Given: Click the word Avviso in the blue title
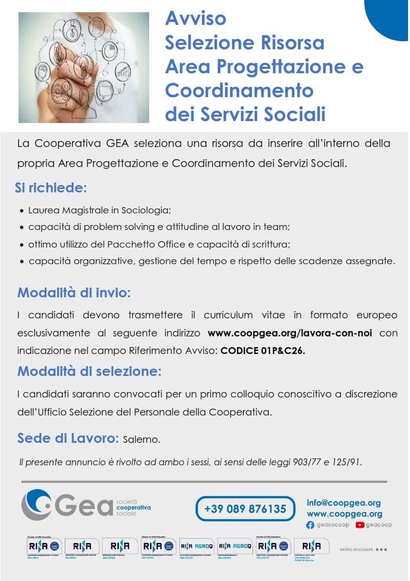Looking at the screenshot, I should (195, 19).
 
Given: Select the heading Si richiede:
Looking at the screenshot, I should (51, 188).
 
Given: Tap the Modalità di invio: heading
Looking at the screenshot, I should (74, 293).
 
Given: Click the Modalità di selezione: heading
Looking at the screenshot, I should (89, 371).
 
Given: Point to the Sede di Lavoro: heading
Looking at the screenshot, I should (68, 438).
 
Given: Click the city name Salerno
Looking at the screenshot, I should (142, 439).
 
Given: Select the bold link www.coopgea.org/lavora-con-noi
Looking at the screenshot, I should (290, 333).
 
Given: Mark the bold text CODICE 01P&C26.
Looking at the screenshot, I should (263, 351).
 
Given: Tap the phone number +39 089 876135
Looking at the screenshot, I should (245, 509).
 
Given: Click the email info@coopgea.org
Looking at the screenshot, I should (344, 503).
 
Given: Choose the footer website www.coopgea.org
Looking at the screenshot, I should (344, 514).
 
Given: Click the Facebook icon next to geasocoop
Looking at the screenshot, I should (310, 525).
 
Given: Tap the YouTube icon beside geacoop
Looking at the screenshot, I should (360, 525).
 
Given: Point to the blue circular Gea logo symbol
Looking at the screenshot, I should (37, 504).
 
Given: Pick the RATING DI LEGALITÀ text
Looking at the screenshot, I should (356, 550).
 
